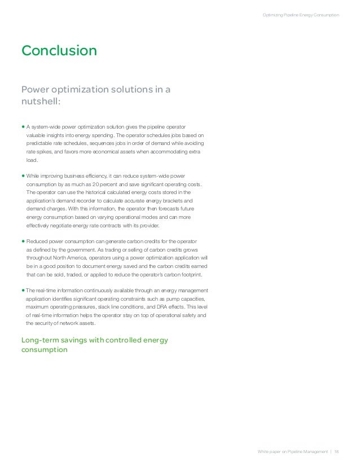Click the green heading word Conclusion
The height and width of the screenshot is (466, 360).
tap(59, 51)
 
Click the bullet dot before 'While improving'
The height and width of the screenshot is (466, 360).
tap(23, 176)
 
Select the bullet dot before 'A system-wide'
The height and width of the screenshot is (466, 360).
tap(23, 127)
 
